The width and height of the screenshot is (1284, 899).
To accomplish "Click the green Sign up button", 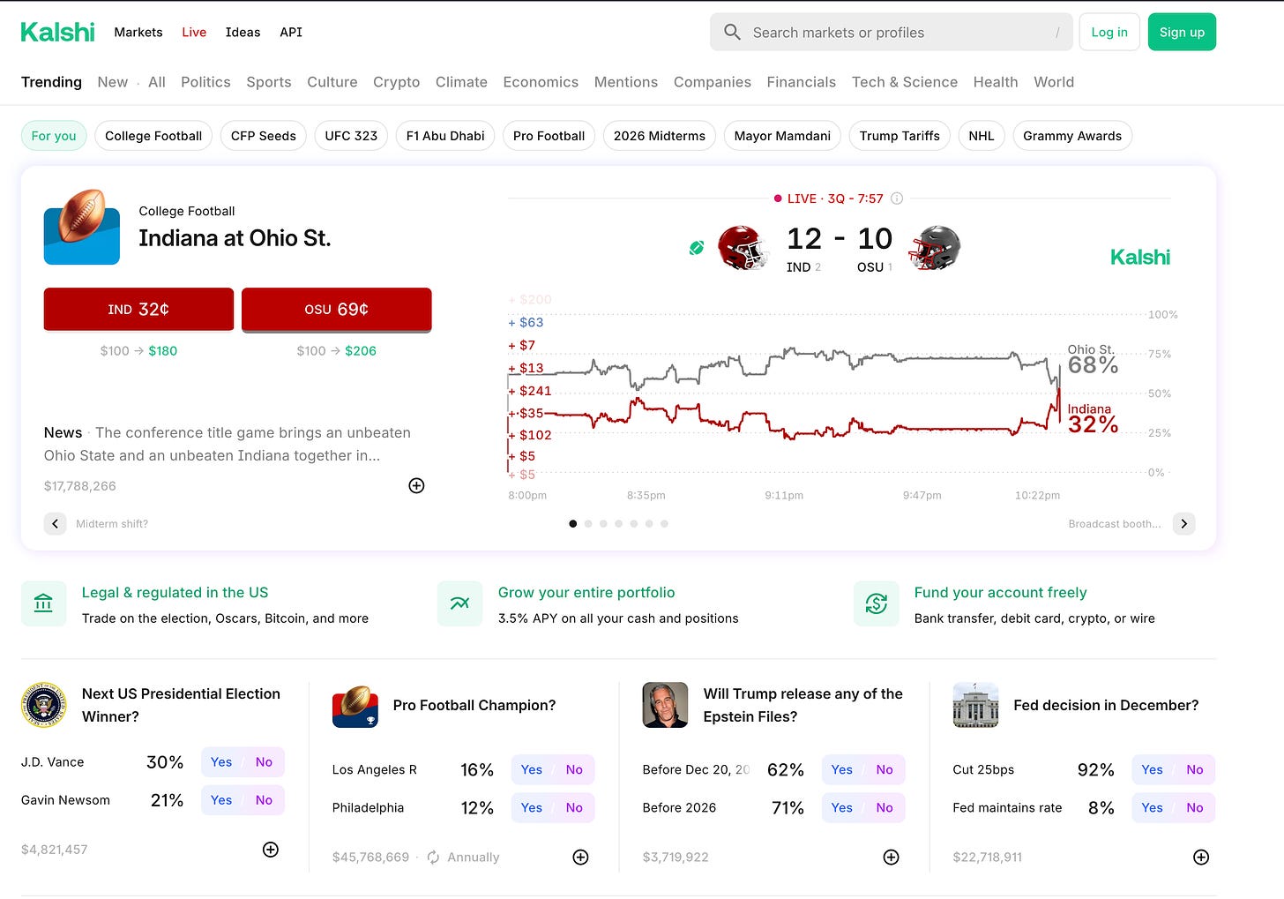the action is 1182,32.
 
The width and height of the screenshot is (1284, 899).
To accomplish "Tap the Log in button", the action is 1109,32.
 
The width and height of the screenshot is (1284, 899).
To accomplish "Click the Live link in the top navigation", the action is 194,32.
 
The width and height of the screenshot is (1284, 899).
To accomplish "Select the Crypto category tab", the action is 396,82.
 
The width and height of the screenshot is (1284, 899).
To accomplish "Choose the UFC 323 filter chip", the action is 351,136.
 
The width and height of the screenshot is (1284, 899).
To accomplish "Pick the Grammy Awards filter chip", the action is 1072,136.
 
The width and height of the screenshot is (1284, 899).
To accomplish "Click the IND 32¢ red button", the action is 138,310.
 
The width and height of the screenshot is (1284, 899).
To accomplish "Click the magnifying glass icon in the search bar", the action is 732,32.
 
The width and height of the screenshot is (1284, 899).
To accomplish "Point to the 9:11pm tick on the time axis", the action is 784,495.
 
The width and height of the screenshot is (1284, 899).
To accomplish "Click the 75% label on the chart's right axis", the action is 1159,354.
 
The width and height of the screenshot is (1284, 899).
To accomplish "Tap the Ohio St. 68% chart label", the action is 1093,359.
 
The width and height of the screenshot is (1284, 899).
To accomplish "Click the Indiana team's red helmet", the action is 743,248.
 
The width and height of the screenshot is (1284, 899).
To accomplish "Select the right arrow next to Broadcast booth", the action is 1183,523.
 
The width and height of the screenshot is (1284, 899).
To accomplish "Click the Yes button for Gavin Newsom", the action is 221,800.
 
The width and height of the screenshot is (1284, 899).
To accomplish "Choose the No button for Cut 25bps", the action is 1195,769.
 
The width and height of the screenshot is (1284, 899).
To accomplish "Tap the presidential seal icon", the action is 43,705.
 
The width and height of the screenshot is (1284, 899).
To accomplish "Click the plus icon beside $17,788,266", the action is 416,485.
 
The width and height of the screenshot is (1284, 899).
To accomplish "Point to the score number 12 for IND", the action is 804,238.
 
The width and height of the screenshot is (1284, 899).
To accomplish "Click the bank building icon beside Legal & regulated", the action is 43,603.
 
